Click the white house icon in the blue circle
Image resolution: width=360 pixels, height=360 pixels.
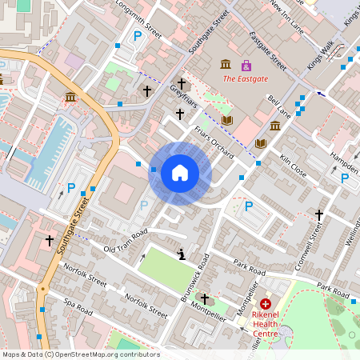[180, 173]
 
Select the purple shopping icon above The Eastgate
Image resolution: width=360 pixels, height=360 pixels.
[246, 65]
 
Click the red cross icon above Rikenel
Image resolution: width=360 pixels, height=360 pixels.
[265, 304]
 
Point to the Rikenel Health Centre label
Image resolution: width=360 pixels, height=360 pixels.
[270, 324]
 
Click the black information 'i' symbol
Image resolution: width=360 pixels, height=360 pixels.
[182, 255]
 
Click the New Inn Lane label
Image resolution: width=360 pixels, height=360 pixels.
[286, 17]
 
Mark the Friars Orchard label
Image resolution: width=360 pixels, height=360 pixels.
[213, 132]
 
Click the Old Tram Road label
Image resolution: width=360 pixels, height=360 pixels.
[126, 241]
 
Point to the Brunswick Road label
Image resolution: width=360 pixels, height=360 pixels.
[194, 277]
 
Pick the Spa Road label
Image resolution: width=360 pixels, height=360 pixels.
[78, 306]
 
